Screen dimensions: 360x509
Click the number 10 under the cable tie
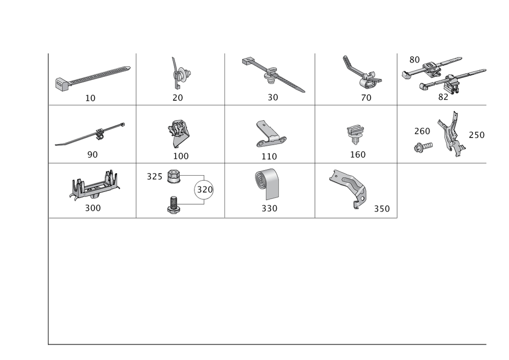click(90, 98)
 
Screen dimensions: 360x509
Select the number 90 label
click(92, 155)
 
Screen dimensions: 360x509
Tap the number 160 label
click(358, 155)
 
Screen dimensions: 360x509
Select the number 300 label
click(92, 208)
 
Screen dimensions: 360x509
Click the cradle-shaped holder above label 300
click(94, 186)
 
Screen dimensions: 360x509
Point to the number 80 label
click(414, 59)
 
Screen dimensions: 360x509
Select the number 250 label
click(476, 134)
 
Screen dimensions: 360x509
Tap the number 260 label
click(422, 131)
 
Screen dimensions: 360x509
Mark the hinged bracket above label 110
click(269, 133)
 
